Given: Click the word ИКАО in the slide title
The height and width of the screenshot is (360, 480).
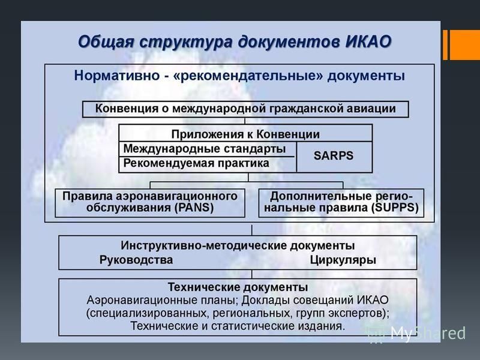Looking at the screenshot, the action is (368, 41).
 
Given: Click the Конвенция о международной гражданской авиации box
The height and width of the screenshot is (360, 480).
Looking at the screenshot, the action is (245, 109).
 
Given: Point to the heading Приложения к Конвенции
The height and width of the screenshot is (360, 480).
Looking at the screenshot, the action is (245, 134).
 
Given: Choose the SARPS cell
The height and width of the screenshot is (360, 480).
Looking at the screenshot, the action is (334, 157).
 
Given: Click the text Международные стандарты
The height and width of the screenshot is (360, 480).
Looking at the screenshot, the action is (205, 149).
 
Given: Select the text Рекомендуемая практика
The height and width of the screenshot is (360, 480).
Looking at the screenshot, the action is (196, 163).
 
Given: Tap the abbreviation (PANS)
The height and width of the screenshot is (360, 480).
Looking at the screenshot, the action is (194, 208).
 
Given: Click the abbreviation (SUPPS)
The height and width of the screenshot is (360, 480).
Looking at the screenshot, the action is (395, 208).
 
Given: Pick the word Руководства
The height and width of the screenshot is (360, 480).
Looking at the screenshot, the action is (136, 260).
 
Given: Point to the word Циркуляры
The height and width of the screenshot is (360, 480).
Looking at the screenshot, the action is (343, 260).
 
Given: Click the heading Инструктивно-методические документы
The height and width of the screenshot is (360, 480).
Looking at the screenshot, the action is (238, 245).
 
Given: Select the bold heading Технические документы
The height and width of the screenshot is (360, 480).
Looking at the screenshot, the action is (238, 287).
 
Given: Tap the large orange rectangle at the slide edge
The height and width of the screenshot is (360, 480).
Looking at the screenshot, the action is (464, 44).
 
